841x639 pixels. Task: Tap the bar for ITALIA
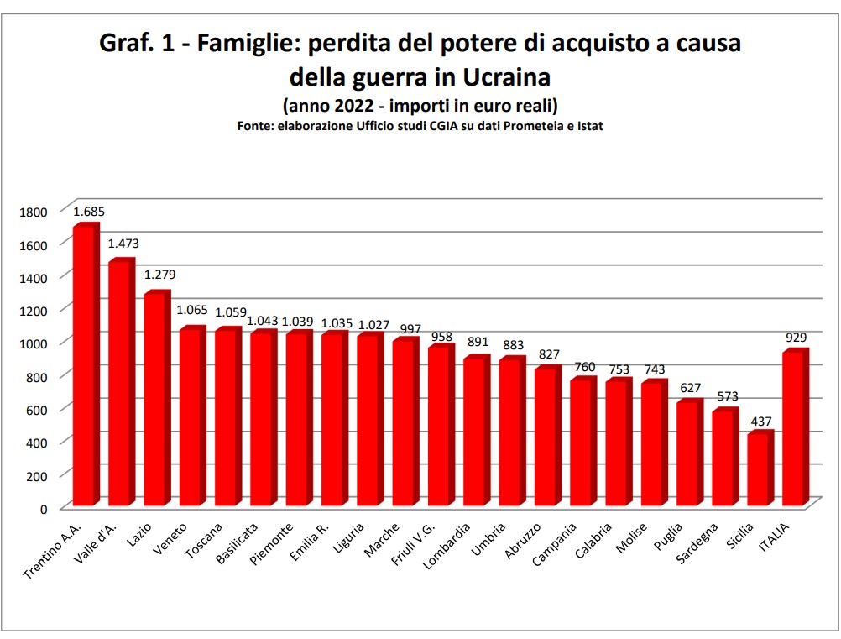(794, 428)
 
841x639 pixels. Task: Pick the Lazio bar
(156, 399)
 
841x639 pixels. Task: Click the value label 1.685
(88, 212)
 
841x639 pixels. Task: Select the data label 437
(760, 421)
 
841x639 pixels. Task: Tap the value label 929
(796, 338)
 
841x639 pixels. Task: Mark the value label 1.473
(123, 244)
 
